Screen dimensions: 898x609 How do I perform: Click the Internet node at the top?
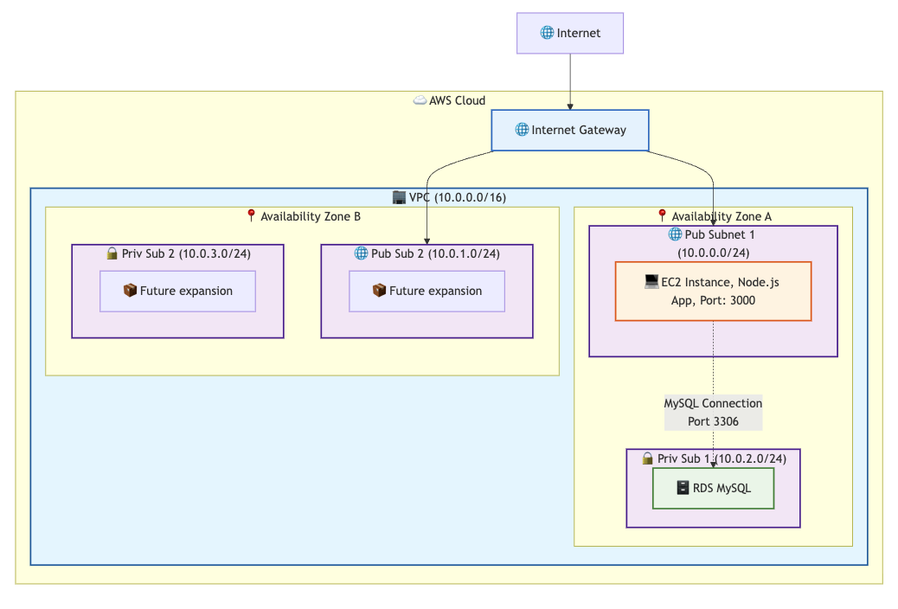click(570, 33)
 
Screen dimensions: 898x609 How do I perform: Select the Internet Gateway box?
click(570, 130)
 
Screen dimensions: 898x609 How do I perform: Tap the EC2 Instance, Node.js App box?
click(713, 291)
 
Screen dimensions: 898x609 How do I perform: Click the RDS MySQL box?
click(713, 488)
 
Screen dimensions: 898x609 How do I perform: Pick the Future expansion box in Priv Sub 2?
click(177, 291)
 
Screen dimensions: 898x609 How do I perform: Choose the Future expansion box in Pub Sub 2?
click(427, 291)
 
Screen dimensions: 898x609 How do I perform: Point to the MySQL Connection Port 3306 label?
click(713, 413)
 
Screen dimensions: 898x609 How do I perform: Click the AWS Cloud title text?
click(457, 101)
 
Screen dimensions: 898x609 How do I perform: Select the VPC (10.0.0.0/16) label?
click(457, 197)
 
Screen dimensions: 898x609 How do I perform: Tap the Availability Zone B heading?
click(311, 216)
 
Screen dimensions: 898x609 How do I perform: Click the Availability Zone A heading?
click(721, 216)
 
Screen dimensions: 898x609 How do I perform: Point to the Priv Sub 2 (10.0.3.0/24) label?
click(186, 253)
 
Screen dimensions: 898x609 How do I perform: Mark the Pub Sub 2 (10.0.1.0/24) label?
click(435, 253)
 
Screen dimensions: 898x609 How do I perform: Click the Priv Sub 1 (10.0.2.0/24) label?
click(722, 458)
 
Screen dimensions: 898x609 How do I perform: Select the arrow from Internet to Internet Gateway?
click(570, 81)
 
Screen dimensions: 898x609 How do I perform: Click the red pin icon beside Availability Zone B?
click(251, 215)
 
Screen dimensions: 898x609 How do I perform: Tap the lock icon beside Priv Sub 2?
click(112, 253)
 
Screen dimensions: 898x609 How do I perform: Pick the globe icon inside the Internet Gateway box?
click(522, 130)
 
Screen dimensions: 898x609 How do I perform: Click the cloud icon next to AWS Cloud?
click(420, 100)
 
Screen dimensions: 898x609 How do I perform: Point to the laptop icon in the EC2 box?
click(651, 281)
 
